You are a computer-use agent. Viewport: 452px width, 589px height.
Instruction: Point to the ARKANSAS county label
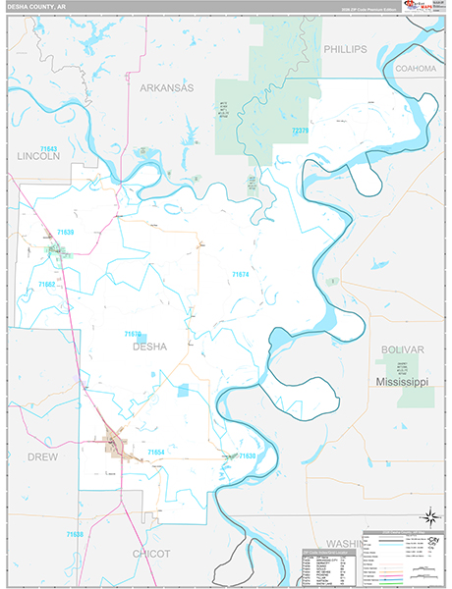pyautogui.click(x=166, y=87)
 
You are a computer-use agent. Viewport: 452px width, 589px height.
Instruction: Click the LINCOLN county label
pyautogui.click(x=38, y=156)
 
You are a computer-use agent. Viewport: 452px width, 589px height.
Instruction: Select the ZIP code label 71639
pyautogui.click(x=65, y=233)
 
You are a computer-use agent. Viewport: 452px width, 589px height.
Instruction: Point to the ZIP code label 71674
pyautogui.click(x=241, y=274)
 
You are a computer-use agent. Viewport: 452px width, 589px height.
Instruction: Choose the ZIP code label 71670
pyautogui.click(x=134, y=334)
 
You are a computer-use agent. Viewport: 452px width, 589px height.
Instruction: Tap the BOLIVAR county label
pyautogui.click(x=402, y=349)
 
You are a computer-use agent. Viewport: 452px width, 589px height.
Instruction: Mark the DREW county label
pyautogui.click(x=42, y=457)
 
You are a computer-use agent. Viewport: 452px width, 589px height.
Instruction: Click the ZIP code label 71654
pyautogui.click(x=155, y=452)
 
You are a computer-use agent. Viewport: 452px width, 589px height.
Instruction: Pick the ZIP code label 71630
pyautogui.click(x=246, y=456)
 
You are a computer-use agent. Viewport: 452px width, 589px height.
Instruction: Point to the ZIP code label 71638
pyautogui.click(x=75, y=534)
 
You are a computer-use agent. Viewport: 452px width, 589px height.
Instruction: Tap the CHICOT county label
pyautogui.click(x=151, y=554)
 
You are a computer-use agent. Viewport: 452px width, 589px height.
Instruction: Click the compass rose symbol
pyautogui.click(x=428, y=516)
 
